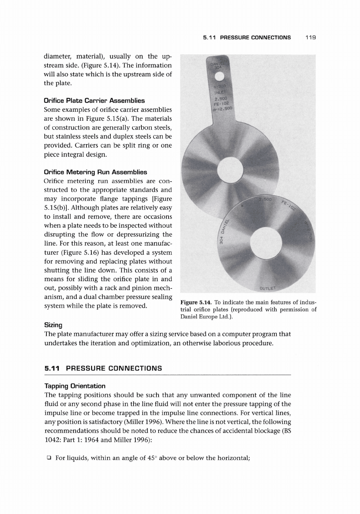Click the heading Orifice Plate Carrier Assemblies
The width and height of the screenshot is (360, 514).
94,101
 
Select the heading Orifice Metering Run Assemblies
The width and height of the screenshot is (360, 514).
95,172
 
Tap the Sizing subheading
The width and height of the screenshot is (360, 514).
53,325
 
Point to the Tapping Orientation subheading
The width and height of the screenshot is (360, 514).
75,386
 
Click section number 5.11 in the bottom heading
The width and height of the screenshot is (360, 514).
52,368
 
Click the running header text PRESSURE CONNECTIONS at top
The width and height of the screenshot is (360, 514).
255,37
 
